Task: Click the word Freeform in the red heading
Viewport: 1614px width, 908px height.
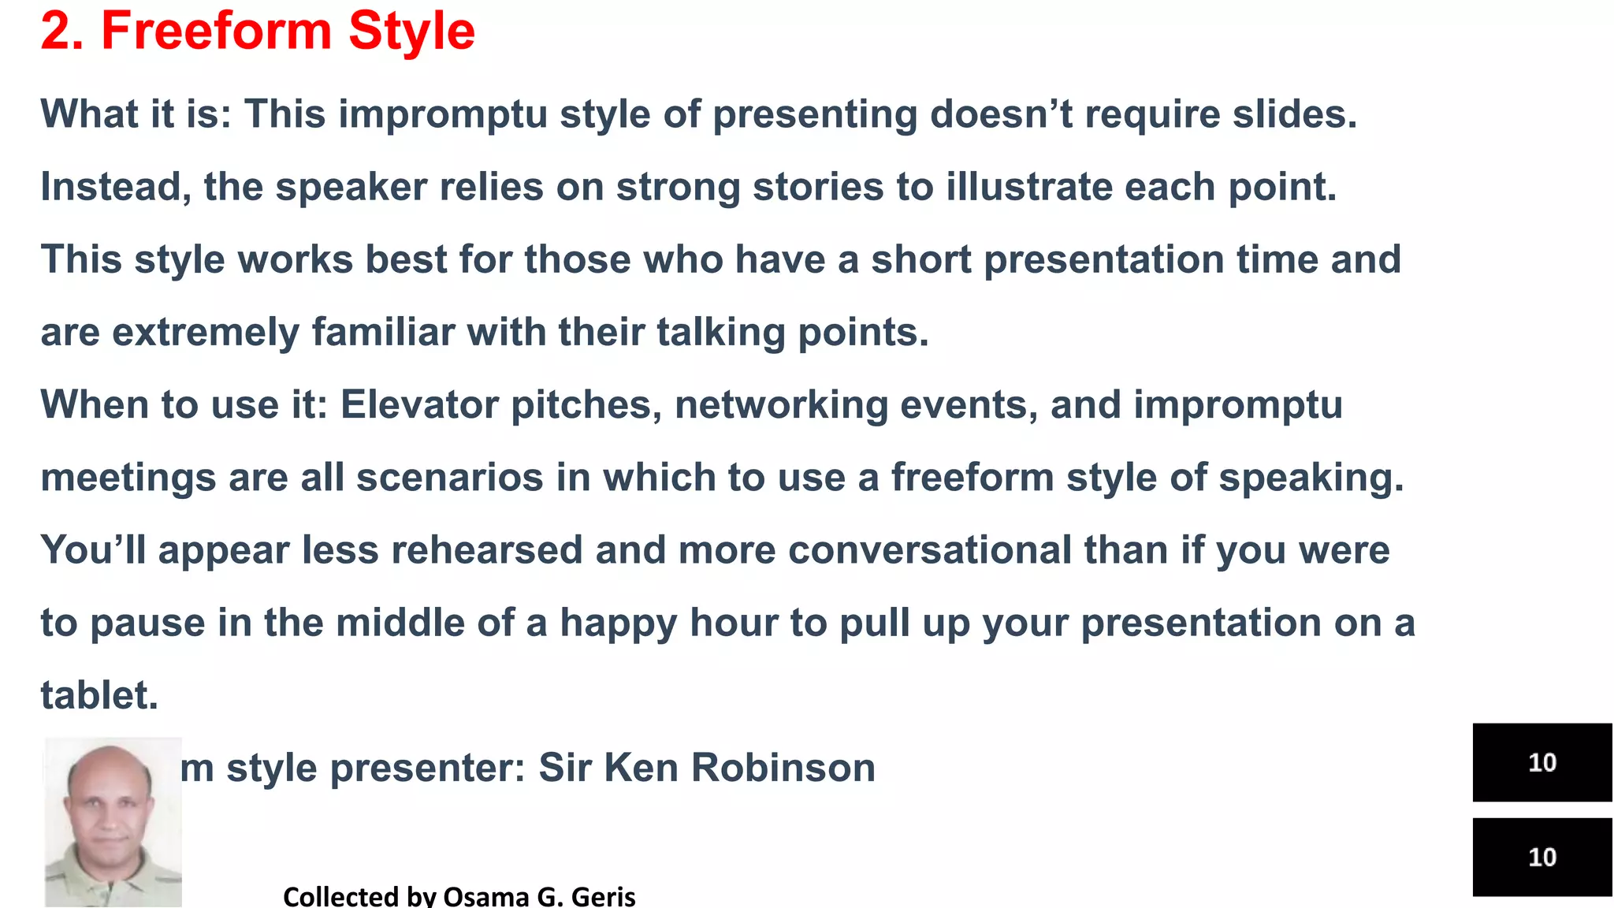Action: pos(218,32)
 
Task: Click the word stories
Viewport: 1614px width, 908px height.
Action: pos(817,187)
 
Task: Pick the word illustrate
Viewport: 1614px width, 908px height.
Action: pos(1028,187)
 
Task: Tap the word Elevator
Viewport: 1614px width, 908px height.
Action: pos(419,405)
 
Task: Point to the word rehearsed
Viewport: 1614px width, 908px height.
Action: pos(486,550)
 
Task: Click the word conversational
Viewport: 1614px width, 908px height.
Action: pos(929,550)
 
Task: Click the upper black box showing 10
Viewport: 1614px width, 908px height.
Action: pos(1541,762)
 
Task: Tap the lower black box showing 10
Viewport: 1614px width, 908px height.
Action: pos(1541,857)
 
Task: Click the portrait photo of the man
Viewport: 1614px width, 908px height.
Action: pos(113,821)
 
